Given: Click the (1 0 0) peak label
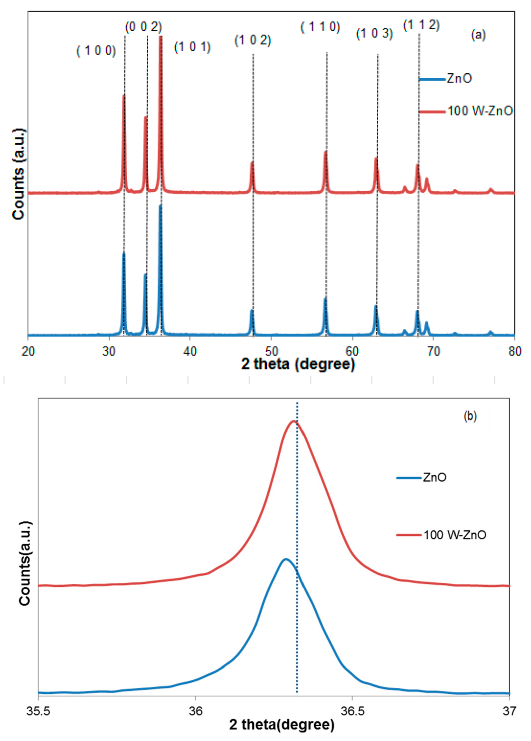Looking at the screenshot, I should (x=96, y=51).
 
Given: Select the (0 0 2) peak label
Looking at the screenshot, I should (x=143, y=27).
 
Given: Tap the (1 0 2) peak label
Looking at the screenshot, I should (x=253, y=41).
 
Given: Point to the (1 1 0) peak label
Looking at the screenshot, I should (x=320, y=27).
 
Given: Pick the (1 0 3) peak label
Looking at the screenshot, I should (x=374, y=34).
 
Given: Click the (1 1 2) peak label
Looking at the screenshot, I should (x=421, y=25).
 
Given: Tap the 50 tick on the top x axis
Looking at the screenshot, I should (x=271, y=351).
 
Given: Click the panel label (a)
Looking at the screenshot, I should (x=478, y=35).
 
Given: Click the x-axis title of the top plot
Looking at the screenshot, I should (x=298, y=364).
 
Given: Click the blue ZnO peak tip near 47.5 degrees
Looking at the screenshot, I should (x=252, y=310).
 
